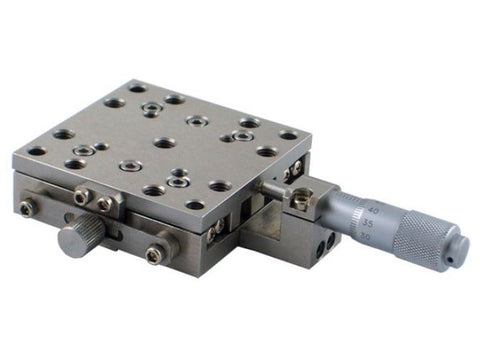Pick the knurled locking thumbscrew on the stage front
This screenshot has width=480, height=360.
tap(77, 240)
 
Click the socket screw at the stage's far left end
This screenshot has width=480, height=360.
tap(27, 207)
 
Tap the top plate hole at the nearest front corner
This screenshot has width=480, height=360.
tap(196, 204)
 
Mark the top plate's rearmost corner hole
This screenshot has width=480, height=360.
tap(137, 88)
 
